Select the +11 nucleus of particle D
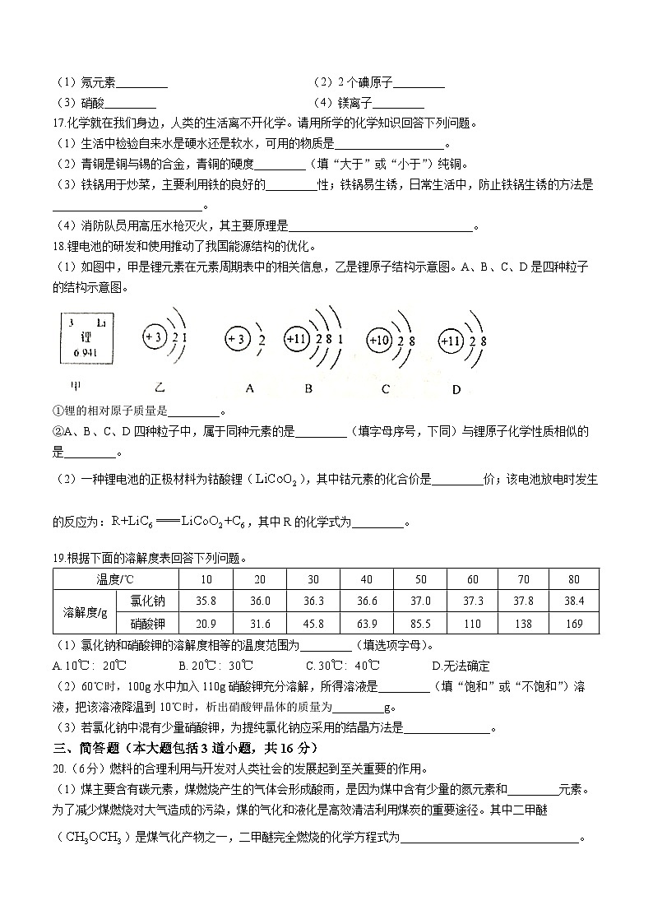[452, 340]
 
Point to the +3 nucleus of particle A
[236, 340]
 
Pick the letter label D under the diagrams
[456, 388]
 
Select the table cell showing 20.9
[206, 625]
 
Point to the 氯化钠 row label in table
[147, 601]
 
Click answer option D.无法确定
[460, 666]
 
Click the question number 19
[58, 558]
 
